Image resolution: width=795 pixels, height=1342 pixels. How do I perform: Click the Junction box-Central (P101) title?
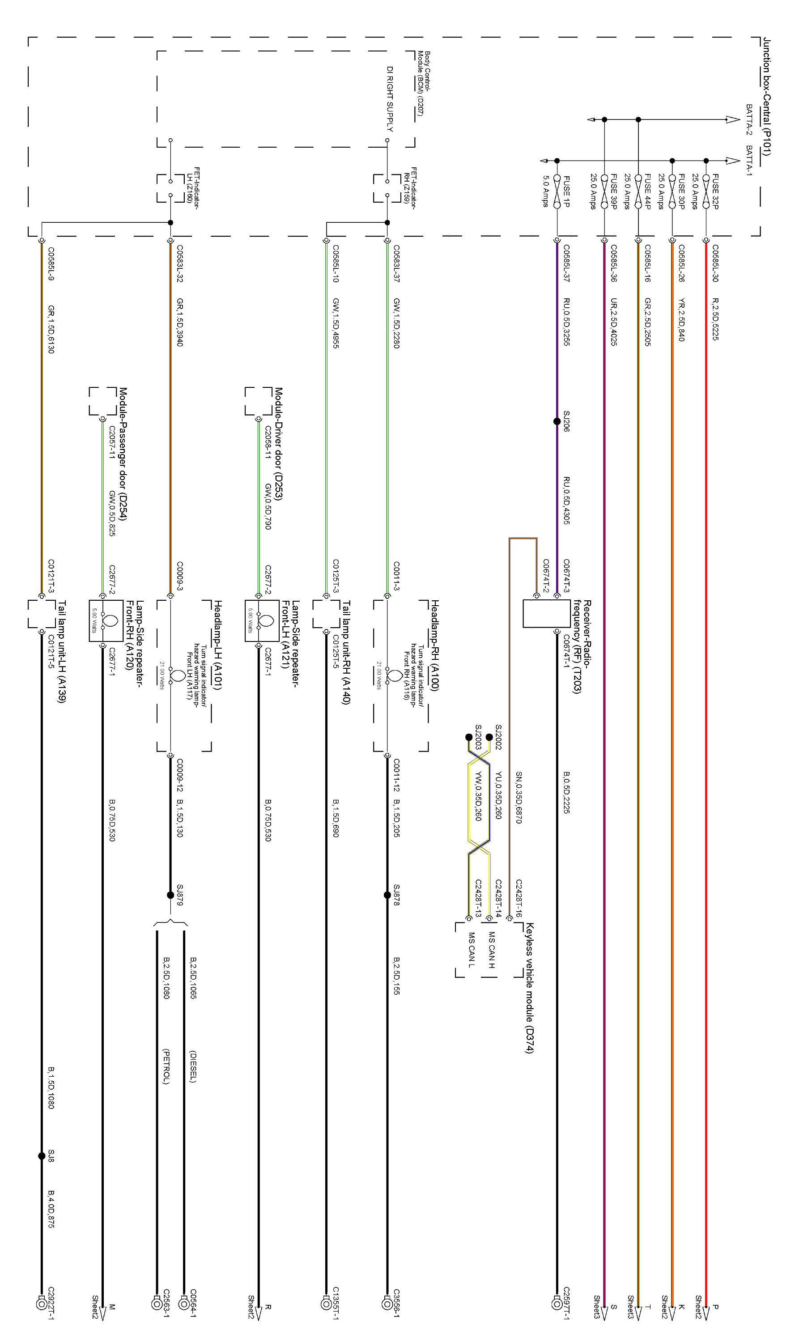point(767,96)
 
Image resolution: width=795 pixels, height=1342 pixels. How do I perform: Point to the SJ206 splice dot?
point(557,421)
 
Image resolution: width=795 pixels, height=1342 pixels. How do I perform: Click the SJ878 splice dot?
point(387,895)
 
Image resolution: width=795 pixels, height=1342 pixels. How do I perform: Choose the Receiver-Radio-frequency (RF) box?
point(546,613)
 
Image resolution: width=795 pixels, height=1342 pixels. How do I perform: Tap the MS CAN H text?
point(491,950)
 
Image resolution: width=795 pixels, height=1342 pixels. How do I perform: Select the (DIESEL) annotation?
point(193,1066)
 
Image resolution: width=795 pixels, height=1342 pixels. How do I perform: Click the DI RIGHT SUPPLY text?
point(390,98)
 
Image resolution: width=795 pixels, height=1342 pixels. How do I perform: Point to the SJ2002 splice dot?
point(489,737)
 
